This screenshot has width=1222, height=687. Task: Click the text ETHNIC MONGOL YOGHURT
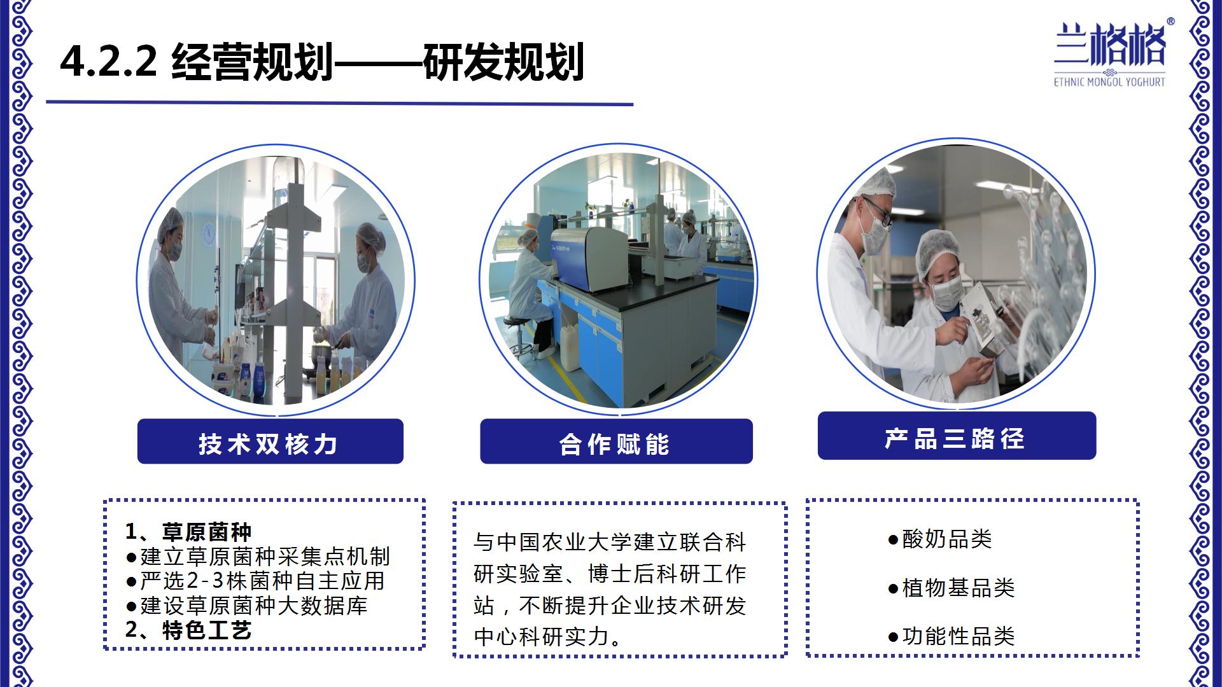pyautogui.click(x=1109, y=82)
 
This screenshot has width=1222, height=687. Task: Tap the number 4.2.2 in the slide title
pyautogui.click(x=108, y=62)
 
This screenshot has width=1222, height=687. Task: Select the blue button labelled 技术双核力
pyautogui.click(x=270, y=441)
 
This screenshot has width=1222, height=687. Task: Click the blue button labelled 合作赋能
pyautogui.click(x=616, y=441)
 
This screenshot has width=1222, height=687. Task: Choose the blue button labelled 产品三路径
pyautogui.click(x=957, y=436)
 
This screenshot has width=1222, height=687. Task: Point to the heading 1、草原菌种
pyautogui.click(x=188, y=531)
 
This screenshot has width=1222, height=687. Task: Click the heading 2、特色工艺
pyautogui.click(x=188, y=630)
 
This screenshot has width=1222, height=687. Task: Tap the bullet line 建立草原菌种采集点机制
pyautogui.click(x=258, y=557)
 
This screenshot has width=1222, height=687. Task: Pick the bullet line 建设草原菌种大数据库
pyautogui.click(x=247, y=606)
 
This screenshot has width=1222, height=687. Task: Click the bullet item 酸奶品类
pyautogui.click(x=940, y=539)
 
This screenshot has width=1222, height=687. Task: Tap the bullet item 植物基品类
pyautogui.click(x=952, y=588)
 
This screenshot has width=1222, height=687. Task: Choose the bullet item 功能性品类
pyautogui.click(x=952, y=636)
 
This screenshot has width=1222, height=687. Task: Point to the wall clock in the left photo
pyautogui.click(x=208, y=234)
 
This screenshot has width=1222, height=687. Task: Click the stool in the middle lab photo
pyautogui.click(x=521, y=337)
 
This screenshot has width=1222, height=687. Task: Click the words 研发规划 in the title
pyautogui.click(x=503, y=62)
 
